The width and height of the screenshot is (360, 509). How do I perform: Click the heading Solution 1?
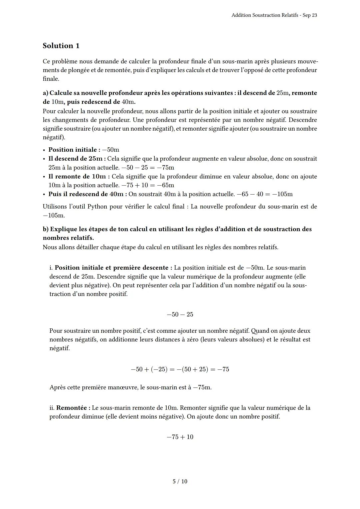61,46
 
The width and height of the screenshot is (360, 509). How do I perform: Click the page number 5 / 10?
180,481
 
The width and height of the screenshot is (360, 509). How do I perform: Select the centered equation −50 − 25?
180,314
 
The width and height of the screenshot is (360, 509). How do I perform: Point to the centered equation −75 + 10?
180,437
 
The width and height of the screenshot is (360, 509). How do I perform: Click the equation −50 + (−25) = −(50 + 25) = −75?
180,369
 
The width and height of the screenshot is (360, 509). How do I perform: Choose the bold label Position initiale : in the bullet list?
74,150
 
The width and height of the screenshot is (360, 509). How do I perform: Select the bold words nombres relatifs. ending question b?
68,238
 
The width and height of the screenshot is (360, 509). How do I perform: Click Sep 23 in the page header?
310,15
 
